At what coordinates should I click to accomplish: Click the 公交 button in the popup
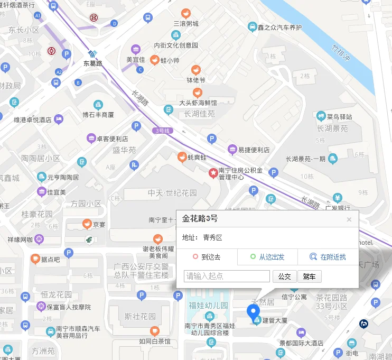(x=284, y=276)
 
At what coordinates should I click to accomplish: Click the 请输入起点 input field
(x=227, y=276)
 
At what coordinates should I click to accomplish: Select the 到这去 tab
(x=207, y=257)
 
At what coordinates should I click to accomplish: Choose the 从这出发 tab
(x=267, y=257)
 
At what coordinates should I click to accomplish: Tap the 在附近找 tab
(x=328, y=257)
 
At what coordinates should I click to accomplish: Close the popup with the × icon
(x=349, y=219)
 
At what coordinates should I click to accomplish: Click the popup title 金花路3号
(x=200, y=218)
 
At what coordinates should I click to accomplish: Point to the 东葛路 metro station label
(x=92, y=63)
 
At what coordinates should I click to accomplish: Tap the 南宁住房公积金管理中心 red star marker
(x=213, y=172)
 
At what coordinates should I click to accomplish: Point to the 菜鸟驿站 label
(x=339, y=117)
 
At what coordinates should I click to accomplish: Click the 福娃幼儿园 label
(x=208, y=306)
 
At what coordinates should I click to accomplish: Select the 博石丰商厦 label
(x=98, y=114)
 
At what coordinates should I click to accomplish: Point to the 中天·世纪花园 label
(x=172, y=193)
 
